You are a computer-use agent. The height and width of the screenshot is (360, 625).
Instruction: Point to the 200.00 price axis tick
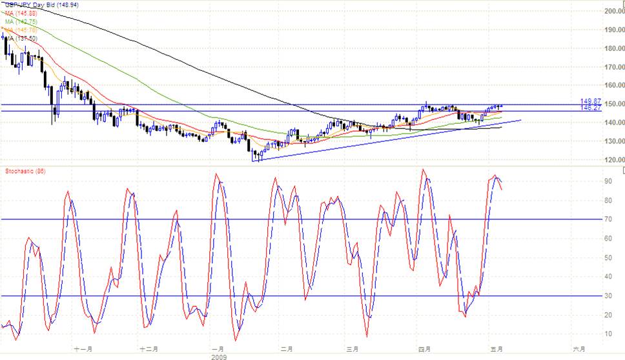click(611, 11)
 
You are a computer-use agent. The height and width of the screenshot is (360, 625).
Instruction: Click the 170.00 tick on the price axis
click(611, 67)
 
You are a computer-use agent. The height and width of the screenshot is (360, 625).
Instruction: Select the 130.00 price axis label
click(611, 141)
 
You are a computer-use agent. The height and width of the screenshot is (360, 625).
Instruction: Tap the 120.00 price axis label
click(611, 160)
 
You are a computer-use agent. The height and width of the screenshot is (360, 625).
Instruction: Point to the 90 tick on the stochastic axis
click(608, 182)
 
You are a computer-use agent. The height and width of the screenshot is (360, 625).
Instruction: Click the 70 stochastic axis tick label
click(608, 220)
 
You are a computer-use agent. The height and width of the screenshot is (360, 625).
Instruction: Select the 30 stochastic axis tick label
click(608, 296)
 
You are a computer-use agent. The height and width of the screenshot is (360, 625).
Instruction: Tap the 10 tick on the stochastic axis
click(608, 334)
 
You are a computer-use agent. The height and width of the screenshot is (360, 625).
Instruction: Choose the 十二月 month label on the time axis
click(149, 349)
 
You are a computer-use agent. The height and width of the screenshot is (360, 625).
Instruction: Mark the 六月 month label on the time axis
click(579, 349)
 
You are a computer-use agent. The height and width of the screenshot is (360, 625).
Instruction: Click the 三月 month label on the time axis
click(353, 349)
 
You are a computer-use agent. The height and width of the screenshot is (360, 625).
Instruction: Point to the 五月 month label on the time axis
click(495, 349)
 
